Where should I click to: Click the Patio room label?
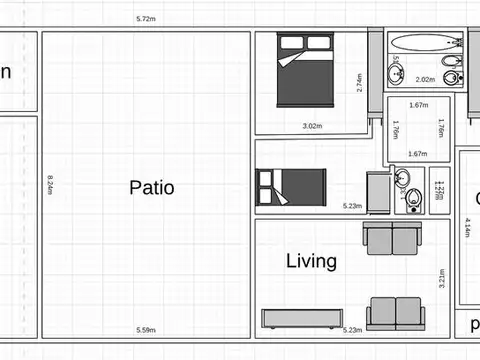point(152,187)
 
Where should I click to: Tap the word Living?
point(311,262)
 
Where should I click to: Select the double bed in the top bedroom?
point(306,69)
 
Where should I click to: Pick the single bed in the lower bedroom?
point(292,187)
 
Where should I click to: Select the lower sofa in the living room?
point(395,313)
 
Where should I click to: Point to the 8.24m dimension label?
point(49,187)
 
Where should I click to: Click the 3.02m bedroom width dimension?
point(312,126)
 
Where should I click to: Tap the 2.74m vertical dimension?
point(359,82)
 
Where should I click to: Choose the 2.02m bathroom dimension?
point(425,80)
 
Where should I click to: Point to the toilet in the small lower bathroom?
point(413,200)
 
